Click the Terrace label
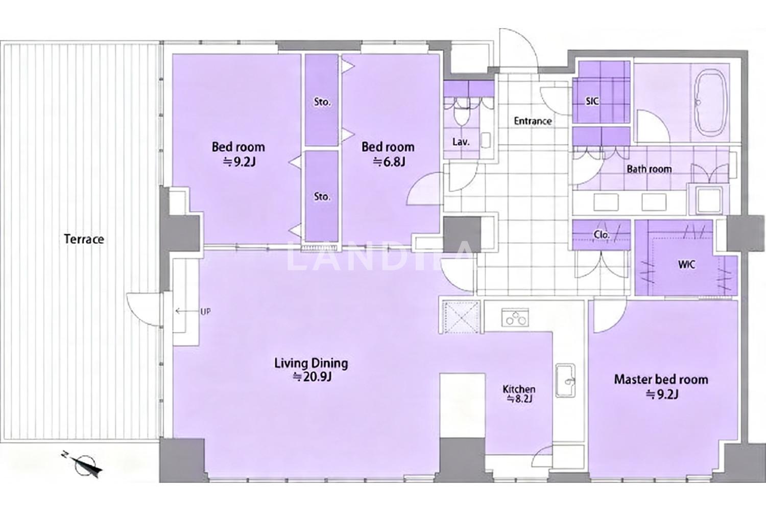coord(84,239)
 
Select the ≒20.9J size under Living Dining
coord(312,377)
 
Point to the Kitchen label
coord(519,389)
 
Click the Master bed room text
coord(661,380)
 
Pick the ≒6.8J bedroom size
coord(389,161)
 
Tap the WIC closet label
coord(686,265)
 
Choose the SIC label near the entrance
coord(592,101)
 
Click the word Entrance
coord(533,121)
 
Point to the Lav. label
coord(461,142)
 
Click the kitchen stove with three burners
coord(515,317)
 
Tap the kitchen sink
coord(565,380)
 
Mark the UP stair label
coord(205,312)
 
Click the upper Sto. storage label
coord(322,102)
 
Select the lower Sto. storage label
coord(322,197)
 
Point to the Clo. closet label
coord(602,235)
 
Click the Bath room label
coord(649,169)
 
